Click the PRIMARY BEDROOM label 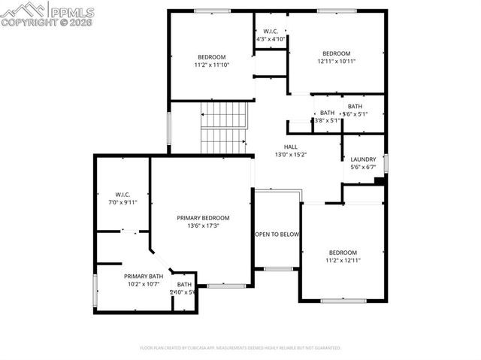coord(203,217)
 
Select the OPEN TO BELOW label coord(277,234)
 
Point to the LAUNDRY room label coord(363,159)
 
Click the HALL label coord(290,147)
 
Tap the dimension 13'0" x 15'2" coord(290,155)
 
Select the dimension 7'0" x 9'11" coord(123,202)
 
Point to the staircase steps coord(223,125)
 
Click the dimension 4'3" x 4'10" coord(271,38)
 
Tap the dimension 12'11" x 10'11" coord(336,61)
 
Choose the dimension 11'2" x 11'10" coord(211,65)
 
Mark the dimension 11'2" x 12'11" coord(343,260)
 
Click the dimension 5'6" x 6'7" coord(363,167)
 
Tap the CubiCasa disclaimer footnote coord(240,348)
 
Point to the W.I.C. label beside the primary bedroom coord(123,194)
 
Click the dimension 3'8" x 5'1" coord(327,119)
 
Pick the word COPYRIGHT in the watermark coord(29,23)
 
